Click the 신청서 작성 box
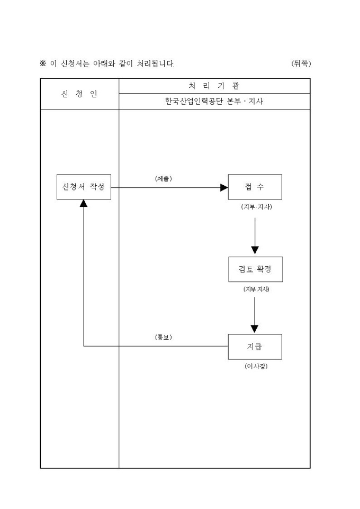(84, 187)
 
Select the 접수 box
(255, 187)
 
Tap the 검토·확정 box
(255, 269)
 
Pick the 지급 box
(255, 347)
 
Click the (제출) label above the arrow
(163, 179)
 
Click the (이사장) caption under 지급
(255, 366)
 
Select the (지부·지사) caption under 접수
(255, 207)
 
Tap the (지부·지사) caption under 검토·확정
(255, 289)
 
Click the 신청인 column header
(79, 94)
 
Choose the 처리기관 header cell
(214, 86)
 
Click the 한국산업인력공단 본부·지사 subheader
(214, 102)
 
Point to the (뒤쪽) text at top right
(301, 64)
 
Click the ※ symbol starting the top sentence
(43, 64)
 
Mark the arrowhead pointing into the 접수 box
(224, 187)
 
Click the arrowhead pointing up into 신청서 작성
(84, 204)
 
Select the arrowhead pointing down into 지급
(255, 329)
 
